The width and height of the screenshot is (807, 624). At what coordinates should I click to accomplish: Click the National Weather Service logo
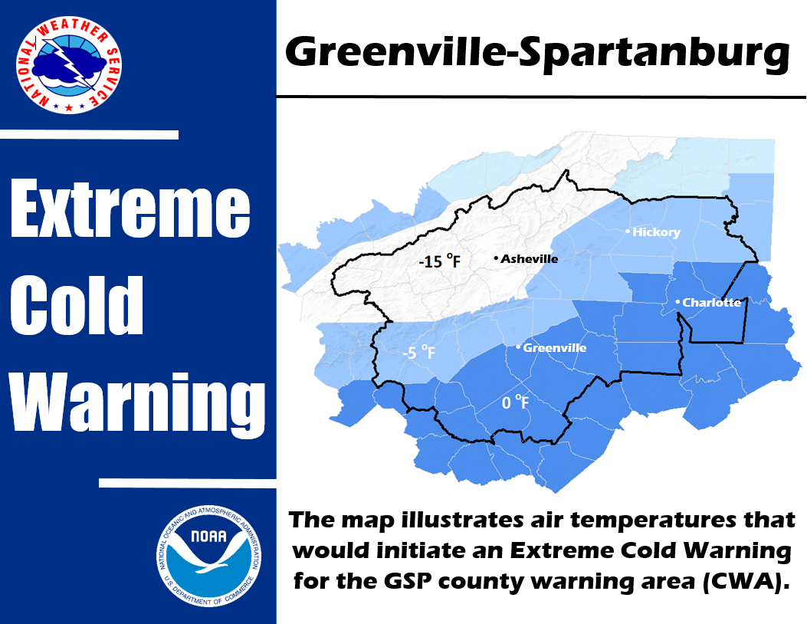click(69, 65)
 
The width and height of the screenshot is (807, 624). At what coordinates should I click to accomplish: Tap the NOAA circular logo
click(209, 556)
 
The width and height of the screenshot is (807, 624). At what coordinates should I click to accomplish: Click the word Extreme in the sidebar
click(130, 209)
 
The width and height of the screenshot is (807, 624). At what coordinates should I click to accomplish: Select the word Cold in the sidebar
click(76, 305)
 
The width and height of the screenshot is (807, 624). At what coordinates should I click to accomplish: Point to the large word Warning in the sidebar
click(138, 404)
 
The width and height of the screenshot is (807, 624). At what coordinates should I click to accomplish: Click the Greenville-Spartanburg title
click(537, 52)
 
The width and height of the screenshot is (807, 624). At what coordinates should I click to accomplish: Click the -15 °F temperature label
click(440, 261)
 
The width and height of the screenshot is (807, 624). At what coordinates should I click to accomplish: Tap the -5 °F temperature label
click(419, 352)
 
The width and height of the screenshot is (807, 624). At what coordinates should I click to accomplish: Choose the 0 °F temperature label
click(515, 402)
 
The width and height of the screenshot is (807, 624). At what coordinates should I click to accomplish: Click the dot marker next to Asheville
click(496, 258)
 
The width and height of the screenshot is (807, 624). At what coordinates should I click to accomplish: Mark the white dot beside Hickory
click(628, 232)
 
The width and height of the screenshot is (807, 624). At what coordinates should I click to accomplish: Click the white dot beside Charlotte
click(677, 302)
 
